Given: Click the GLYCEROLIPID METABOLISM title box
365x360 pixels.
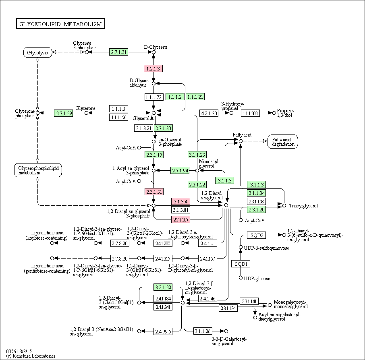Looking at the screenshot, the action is [60, 23].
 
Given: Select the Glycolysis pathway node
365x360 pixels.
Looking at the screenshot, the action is [37, 52].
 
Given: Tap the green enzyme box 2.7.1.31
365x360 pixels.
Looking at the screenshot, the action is [119, 52].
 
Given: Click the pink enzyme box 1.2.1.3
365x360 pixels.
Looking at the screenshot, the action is [153, 68].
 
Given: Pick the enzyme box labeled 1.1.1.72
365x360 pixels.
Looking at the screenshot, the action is [153, 97].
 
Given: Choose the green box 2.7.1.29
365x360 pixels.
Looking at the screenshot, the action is [63, 113].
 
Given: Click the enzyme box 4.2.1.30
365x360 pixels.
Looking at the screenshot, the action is [209, 113].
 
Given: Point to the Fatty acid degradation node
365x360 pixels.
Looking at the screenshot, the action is [283, 141].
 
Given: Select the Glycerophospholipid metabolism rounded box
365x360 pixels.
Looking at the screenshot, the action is [38, 170].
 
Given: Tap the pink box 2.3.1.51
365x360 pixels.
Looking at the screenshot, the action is [154, 192].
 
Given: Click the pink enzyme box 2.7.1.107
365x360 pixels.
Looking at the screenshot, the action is [180, 219].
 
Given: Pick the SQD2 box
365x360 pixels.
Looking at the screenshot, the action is [256, 235].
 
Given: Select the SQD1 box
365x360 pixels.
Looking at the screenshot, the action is [241, 264].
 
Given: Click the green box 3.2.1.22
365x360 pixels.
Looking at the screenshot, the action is [163, 288].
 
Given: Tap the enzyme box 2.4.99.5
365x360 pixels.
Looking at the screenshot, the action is [163, 331].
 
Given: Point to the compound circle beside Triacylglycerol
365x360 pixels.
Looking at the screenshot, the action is [284, 206].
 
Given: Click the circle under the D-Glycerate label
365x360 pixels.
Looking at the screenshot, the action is [153, 52].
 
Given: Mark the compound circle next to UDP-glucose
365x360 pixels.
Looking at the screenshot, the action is [241, 277].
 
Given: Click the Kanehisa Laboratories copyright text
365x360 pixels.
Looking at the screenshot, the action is [31, 356].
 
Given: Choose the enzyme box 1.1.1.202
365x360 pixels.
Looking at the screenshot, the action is [250, 113].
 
